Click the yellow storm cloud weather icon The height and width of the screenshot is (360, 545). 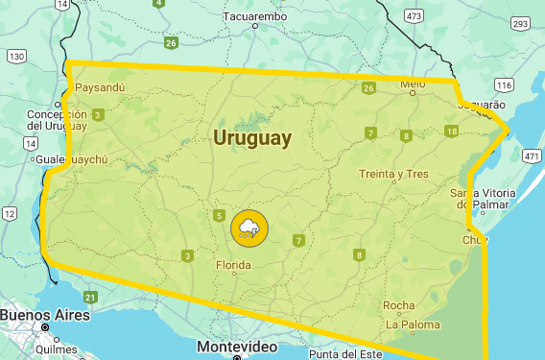click(x=249, y=228)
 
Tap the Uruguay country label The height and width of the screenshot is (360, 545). click(x=252, y=138)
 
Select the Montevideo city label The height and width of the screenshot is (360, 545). click(x=237, y=346)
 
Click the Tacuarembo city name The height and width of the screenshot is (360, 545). click(x=255, y=16)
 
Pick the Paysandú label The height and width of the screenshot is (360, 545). click(x=100, y=87)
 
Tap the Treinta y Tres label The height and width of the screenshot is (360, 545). click(x=392, y=174)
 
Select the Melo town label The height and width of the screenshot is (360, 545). click(x=413, y=84)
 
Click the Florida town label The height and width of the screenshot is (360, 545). click(x=233, y=264)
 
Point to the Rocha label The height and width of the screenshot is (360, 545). click(x=399, y=306)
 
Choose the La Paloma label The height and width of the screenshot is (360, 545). click(x=412, y=324)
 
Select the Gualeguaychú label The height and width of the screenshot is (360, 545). click(x=71, y=159)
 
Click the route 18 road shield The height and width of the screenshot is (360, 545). click(x=451, y=132)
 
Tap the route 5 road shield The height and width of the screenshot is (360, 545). click(x=220, y=215)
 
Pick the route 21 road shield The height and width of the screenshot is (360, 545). click(x=90, y=297)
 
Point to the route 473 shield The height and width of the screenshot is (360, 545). click(x=414, y=15)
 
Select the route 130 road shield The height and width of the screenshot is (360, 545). click(x=16, y=57)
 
